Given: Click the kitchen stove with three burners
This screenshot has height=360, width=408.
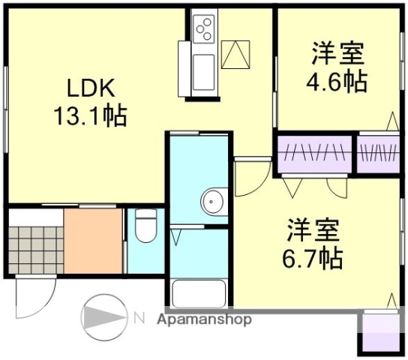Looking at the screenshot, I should click(204, 28).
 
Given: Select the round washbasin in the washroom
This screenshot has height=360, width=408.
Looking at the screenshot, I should click(211, 202).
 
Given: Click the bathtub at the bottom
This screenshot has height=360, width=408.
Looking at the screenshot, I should click(198, 294).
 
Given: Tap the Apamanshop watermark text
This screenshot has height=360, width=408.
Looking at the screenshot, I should click(203, 319).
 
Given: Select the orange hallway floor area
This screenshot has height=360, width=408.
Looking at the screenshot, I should click(92, 241).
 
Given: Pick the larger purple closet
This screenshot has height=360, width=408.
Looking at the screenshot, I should click(313, 152).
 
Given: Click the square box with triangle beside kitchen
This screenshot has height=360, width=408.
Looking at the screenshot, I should click(239, 53).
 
